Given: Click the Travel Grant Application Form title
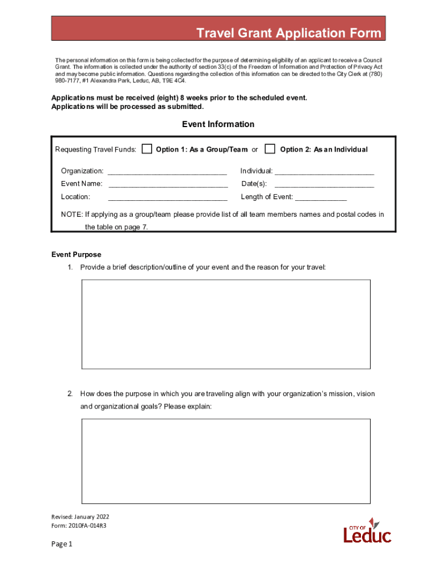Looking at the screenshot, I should pos(289,33).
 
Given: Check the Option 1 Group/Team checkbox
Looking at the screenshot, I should pos(147,149).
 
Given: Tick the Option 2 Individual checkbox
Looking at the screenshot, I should pos(270,149).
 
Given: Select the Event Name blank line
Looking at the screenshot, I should pos(168,184).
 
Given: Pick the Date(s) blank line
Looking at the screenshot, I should pos(324,184).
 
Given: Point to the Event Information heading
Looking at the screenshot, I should pos(218,124).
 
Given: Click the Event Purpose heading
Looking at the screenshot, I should pos(76,255).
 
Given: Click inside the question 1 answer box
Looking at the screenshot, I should pos(226,324).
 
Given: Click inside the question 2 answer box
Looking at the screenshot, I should pos(226,461).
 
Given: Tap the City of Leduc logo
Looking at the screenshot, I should pos(367,531).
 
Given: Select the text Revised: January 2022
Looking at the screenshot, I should pos(80,517).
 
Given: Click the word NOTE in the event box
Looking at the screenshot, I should pos(71,214).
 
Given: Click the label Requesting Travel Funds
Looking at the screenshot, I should pos(95,150).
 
